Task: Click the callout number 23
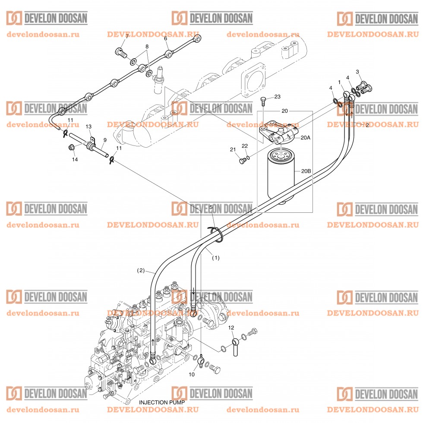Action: click(x=277, y=96)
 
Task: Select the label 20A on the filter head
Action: click(x=305, y=137)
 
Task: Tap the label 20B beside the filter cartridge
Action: click(x=306, y=171)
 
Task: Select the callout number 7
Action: click(x=127, y=37)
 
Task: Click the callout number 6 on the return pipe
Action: click(x=165, y=38)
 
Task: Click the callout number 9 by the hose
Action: click(x=104, y=140)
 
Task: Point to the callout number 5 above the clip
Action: click(x=211, y=208)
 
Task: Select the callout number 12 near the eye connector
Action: click(x=231, y=328)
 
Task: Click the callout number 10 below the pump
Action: click(x=192, y=374)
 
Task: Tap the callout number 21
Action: click(x=233, y=149)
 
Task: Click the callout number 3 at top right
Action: click(x=357, y=71)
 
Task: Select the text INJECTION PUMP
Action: click(x=162, y=402)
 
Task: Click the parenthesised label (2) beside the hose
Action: click(x=141, y=271)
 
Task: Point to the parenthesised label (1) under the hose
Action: click(x=215, y=258)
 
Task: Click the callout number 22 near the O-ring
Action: click(x=245, y=145)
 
